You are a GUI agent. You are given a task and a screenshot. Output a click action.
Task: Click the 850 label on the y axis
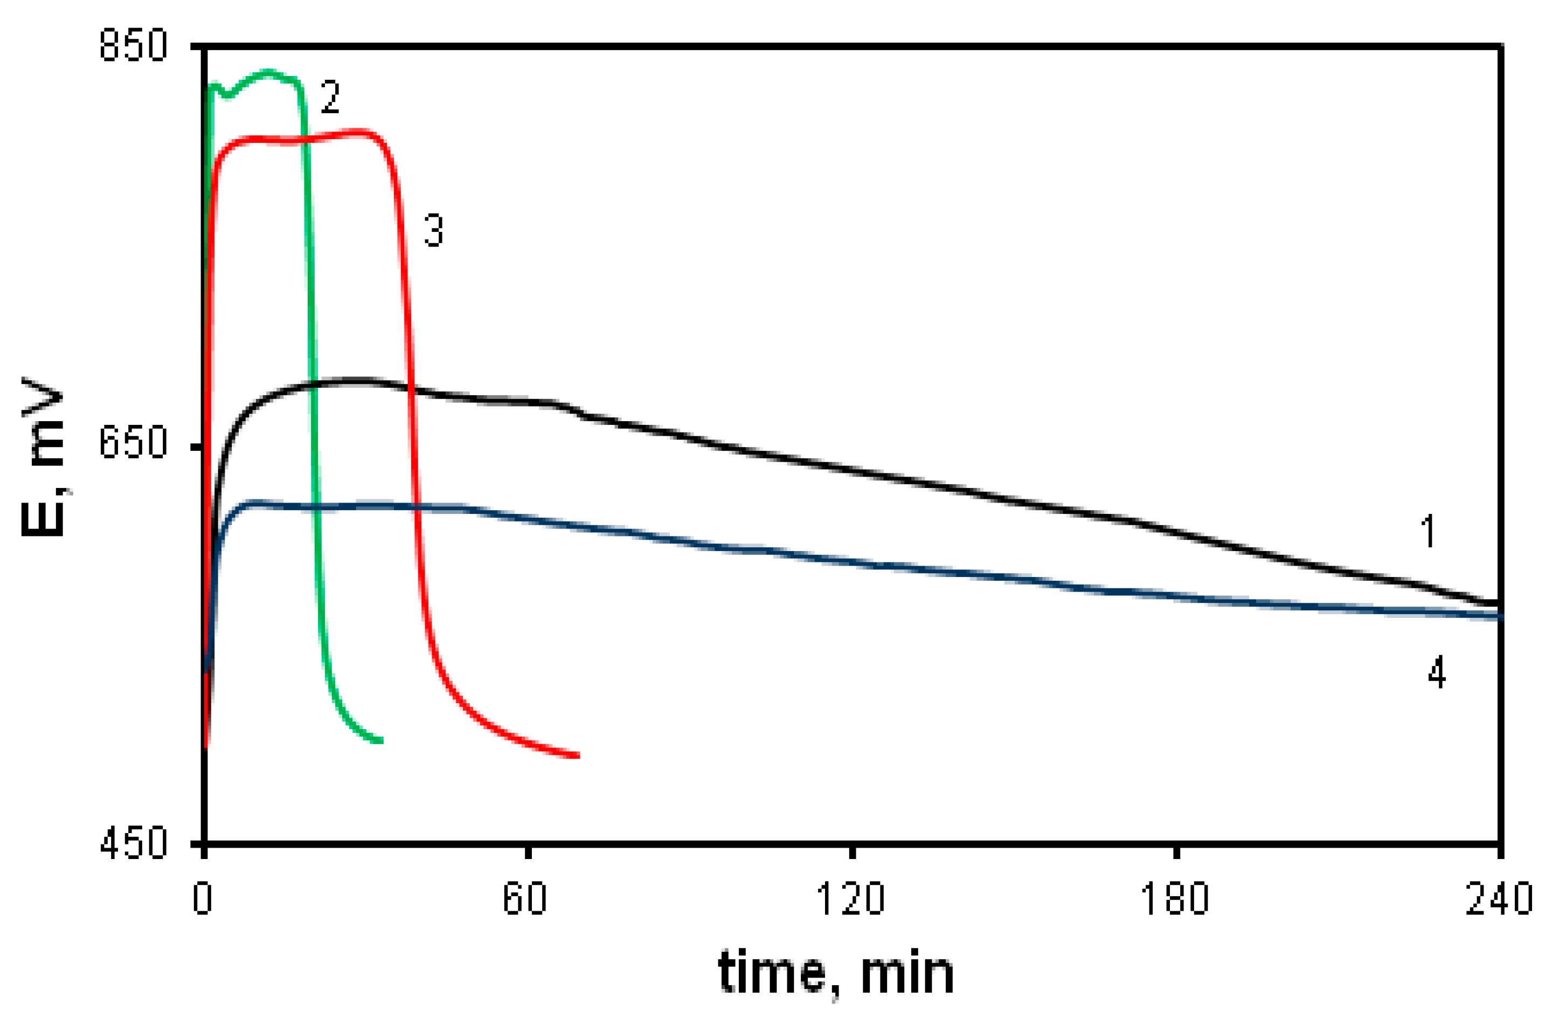(133, 46)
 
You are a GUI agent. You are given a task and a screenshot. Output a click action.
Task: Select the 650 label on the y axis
(133, 444)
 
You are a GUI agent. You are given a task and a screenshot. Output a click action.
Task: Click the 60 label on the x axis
(525, 898)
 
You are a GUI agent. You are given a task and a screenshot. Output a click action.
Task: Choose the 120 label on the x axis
(850, 898)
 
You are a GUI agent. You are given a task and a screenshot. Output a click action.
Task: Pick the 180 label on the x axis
(1174, 898)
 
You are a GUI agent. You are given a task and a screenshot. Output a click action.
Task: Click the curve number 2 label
(330, 98)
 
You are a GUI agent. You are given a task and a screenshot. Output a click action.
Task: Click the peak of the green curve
(268, 71)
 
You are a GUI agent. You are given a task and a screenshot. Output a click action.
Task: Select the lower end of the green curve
(380, 741)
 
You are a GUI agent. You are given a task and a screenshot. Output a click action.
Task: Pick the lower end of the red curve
(578, 756)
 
